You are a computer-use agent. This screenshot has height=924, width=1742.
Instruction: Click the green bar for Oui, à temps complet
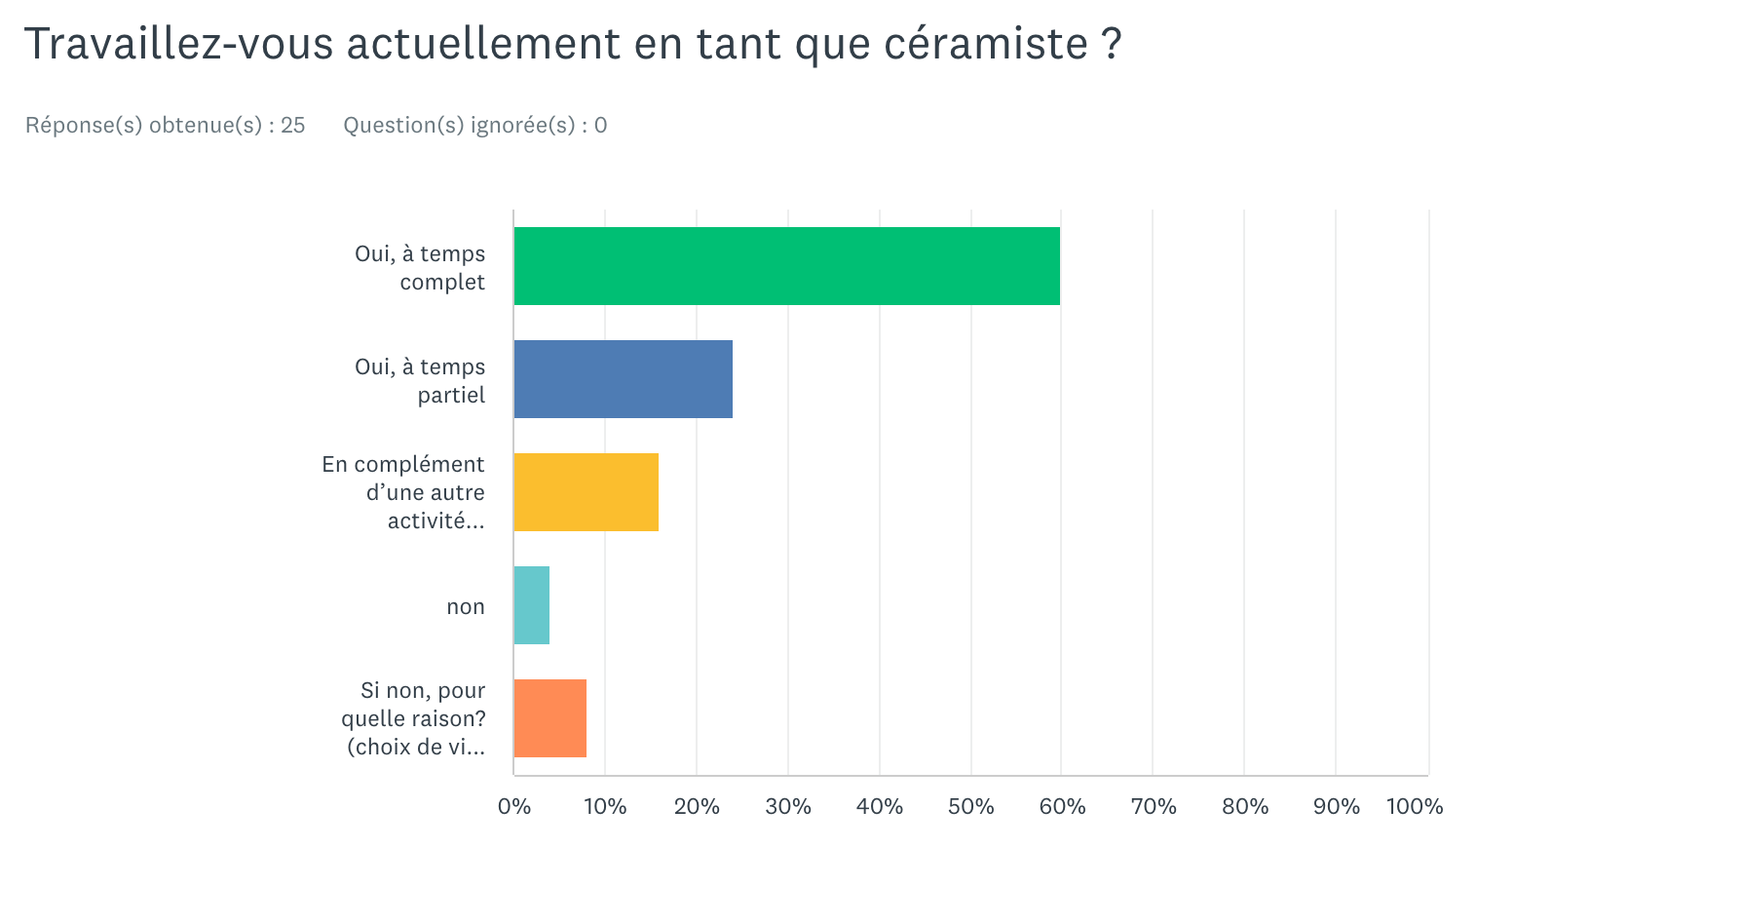pyautogui.click(x=786, y=266)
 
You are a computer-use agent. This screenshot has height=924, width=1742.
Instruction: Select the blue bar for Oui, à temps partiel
pyautogui.click(x=623, y=379)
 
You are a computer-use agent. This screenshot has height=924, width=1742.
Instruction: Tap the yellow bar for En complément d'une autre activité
pyautogui.click(x=586, y=492)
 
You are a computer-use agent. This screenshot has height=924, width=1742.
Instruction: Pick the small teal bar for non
pyautogui.click(x=531, y=605)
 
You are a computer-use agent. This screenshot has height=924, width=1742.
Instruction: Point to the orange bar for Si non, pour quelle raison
pyautogui.click(x=549, y=718)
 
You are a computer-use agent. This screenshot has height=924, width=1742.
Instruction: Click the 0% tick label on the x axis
pyautogui.click(x=514, y=807)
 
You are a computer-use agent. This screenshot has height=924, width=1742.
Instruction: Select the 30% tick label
pyautogui.click(x=788, y=807)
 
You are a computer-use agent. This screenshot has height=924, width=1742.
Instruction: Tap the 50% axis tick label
pyautogui.click(x=971, y=807)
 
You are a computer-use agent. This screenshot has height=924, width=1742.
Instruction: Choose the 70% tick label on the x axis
pyautogui.click(x=1154, y=807)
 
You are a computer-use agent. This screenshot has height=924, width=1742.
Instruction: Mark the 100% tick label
pyautogui.click(x=1415, y=807)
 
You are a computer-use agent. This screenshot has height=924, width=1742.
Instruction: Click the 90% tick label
pyautogui.click(x=1337, y=807)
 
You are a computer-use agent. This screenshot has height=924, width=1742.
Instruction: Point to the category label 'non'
pyautogui.click(x=466, y=607)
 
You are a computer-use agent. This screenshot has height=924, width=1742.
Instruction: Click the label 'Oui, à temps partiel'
pyautogui.click(x=420, y=380)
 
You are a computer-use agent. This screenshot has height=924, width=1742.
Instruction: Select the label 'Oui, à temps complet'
pyautogui.click(x=420, y=267)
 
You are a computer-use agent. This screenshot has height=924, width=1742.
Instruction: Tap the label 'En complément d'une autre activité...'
pyautogui.click(x=403, y=492)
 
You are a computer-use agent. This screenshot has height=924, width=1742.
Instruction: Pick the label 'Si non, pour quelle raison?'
pyautogui.click(x=414, y=718)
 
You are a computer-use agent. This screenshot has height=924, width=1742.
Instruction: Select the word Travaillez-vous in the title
pyautogui.click(x=178, y=45)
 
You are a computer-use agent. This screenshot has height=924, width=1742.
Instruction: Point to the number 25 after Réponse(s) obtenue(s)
pyautogui.click(x=293, y=126)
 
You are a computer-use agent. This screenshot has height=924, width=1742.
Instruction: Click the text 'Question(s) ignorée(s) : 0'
pyautogui.click(x=475, y=126)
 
